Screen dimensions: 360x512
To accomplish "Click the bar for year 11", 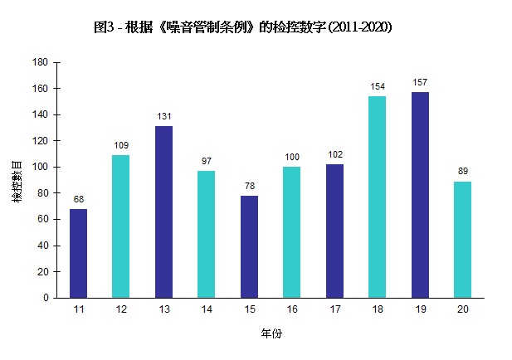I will (78, 253).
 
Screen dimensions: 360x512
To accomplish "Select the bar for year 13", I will (163, 212).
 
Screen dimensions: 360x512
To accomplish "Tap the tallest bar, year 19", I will (420, 195).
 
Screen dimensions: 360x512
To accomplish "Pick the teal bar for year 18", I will (377, 197).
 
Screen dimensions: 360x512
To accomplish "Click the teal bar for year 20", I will (462, 239).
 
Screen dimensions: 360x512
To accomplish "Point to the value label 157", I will (420, 82).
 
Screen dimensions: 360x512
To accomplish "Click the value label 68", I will (78, 199).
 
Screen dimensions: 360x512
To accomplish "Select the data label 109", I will (121, 145).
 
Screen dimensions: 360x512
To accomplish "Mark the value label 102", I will (334, 154).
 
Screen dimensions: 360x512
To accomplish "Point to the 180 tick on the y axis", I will (40, 62).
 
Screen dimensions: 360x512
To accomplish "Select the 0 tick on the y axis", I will (46, 298).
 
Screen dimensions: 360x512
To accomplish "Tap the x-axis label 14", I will (207, 309).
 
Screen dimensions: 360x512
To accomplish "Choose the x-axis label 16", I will (291, 309).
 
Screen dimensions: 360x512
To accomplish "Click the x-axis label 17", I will (334, 309).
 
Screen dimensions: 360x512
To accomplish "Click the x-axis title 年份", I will (271, 334).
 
